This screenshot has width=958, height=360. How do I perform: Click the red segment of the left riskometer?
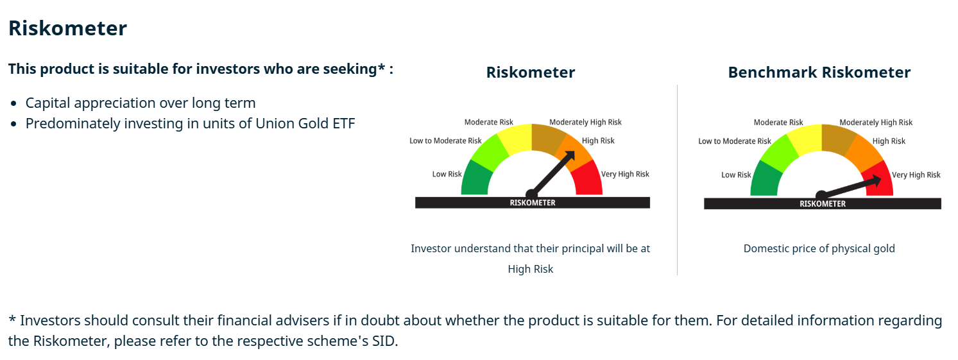[588, 180]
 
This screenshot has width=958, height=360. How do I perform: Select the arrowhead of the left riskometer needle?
[570, 157]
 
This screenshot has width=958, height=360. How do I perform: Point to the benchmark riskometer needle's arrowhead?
[875, 180]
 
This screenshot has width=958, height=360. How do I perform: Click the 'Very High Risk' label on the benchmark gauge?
[916, 175]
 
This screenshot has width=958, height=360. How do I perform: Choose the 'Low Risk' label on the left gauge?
[447, 174]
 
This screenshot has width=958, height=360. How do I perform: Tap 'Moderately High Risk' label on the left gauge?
[585, 123]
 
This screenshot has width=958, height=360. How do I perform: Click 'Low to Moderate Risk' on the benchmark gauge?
[735, 141]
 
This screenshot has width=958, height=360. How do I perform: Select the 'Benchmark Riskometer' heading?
[819, 73]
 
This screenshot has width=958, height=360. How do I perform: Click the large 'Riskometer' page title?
[67, 28]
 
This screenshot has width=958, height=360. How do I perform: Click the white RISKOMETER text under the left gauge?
[533, 203]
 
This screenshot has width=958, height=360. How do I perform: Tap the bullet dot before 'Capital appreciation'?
[14, 103]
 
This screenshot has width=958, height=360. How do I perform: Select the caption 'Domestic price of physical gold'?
[819, 248]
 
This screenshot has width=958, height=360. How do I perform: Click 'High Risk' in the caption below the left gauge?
[530, 269]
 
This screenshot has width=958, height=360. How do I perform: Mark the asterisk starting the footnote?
[12, 319]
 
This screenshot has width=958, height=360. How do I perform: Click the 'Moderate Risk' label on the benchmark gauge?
[778, 123]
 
